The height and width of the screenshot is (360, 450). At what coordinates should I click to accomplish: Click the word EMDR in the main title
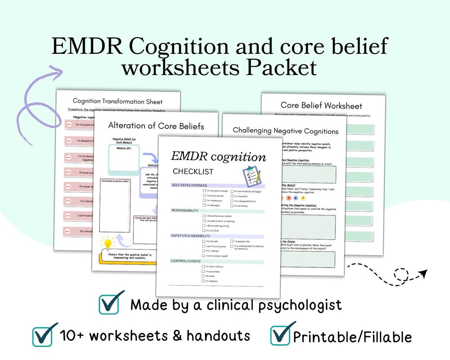click(x=86, y=46)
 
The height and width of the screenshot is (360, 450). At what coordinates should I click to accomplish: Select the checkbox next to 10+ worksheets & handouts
click(x=43, y=336)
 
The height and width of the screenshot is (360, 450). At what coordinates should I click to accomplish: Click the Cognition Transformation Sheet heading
click(x=117, y=101)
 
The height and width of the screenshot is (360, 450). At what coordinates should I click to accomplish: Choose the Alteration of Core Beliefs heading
click(x=156, y=126)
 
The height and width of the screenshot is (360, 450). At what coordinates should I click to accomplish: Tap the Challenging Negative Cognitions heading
click(x=285, y=131)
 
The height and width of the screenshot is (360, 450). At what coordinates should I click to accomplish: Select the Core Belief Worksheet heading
click(x=321, y=106)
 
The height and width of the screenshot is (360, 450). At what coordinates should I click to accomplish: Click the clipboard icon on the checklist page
click(x=252, y=175)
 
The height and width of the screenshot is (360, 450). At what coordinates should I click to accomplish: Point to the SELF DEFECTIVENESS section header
click(x=189, y=185)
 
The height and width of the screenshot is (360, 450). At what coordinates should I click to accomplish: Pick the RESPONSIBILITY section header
click(x=185, y=210)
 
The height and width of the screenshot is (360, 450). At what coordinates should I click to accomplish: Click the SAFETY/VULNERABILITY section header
click(x=190, y=236)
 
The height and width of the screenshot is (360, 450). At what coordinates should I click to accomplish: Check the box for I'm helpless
click(x=203, y=281)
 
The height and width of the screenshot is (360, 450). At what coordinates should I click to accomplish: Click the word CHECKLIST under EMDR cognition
click(x=193, y=172)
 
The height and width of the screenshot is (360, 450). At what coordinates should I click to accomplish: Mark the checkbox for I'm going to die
click(x=232, y=241)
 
